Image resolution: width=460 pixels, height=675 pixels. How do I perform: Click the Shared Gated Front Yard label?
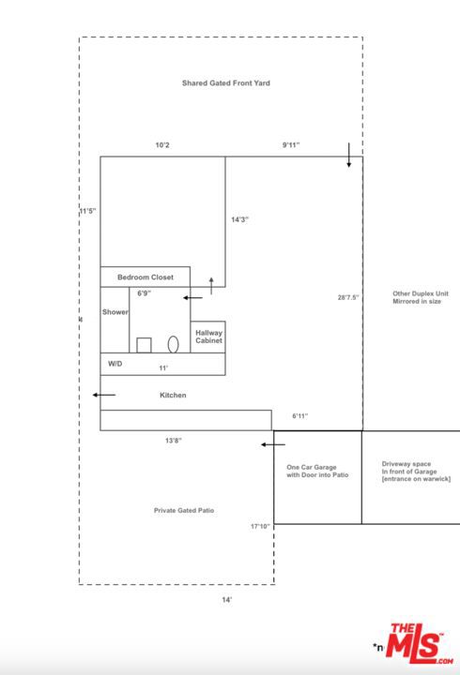point(226,83)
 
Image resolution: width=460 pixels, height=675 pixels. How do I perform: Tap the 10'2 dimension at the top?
point(162,145)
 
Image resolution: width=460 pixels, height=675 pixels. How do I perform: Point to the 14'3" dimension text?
point(240,219)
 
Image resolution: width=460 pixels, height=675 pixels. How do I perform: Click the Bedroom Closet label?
point(145,277)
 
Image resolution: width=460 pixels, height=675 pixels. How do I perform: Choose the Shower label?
point(115,311)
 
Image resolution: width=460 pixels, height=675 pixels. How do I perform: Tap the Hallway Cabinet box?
point(207,337)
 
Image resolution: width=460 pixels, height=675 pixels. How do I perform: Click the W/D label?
point(115,363)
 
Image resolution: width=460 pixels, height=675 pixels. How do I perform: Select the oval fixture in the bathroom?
point(174,343)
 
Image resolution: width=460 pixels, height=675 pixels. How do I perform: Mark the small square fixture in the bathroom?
point(144,344)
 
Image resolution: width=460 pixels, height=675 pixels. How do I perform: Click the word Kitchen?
point(173,396)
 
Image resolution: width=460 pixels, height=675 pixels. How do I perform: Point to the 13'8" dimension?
point(172,440)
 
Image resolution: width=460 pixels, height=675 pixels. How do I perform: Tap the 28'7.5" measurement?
point(348,297)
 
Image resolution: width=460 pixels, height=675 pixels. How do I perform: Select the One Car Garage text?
point(317,471)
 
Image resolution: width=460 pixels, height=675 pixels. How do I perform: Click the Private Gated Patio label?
point(184,510)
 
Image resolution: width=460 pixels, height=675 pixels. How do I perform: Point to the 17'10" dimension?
point(260,526)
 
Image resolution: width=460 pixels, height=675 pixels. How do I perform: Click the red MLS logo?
point(420,645)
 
